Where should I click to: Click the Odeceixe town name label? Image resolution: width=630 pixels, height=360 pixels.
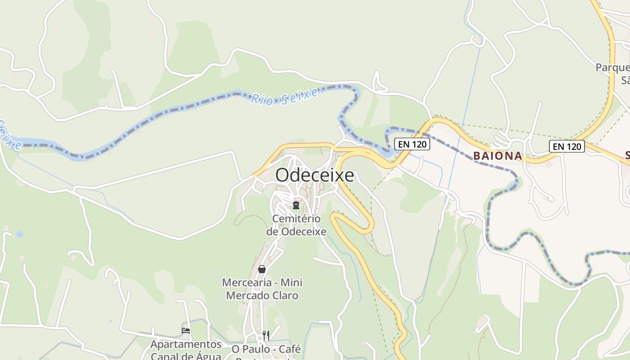tap(315, 175)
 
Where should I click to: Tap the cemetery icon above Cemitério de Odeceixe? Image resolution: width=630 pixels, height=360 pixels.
tap(296, 205)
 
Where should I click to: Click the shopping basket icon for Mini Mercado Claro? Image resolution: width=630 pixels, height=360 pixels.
tap(262, 269)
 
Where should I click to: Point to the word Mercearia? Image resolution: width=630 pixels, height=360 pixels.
tap(247, 283)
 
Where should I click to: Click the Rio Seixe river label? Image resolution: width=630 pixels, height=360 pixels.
tap(284, 96)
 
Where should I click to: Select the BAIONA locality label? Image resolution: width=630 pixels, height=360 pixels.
tap(498, 156)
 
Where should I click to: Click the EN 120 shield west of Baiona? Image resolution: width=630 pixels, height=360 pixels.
tap(412, 144)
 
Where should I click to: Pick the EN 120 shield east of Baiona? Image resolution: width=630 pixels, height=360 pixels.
tap(567, 146)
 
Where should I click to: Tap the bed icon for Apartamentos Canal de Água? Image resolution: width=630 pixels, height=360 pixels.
tap(185, 331)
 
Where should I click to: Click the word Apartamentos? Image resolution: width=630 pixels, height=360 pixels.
tap(186, 344)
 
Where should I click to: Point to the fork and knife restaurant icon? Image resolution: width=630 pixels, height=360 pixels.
tap(266, 335)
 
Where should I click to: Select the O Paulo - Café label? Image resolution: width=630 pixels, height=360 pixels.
tap(266, 349)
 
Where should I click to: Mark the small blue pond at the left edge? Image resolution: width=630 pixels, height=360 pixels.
tap(19, 234)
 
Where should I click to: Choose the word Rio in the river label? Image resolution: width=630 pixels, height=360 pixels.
tap(261, 99)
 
